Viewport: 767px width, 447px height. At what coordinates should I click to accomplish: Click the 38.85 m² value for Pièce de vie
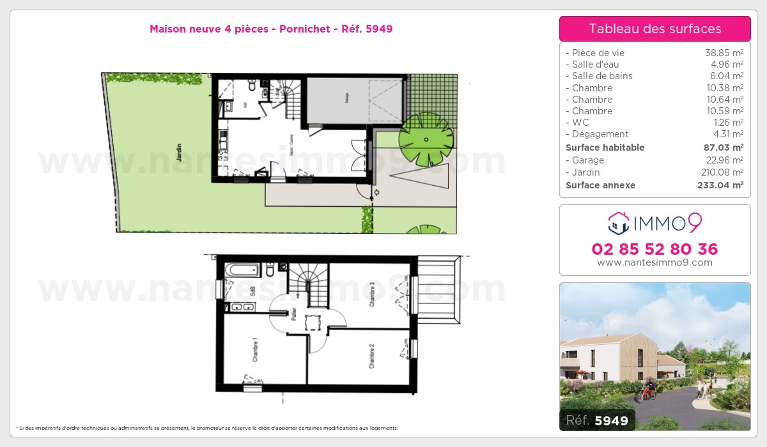point(724,53)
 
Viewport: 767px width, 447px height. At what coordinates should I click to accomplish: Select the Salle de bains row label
point(602,76)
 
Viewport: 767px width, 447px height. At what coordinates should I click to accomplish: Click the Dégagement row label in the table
point(600,134)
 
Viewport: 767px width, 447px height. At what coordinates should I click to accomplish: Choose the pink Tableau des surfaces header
point(655,29)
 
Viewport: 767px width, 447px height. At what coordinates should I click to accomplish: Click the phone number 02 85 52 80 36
point(655,249)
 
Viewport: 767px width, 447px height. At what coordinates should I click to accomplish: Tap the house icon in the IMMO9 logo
point(618,223)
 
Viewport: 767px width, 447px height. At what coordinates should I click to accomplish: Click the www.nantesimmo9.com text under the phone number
point(655,262)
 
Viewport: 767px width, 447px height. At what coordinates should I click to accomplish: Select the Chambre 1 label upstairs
point(254,349)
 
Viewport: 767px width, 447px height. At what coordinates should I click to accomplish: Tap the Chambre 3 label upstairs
point(371,294)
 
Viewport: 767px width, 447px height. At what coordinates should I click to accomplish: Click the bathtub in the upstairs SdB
point(242,269)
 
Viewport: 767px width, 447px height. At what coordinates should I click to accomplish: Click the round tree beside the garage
point(426,138)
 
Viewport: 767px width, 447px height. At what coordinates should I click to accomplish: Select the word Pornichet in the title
point(305,29)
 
